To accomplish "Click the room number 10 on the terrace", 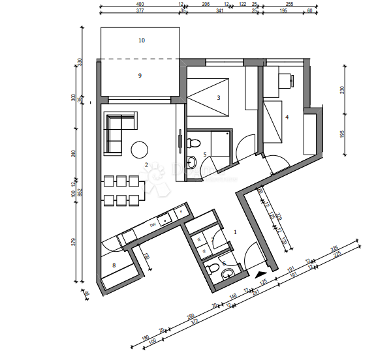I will coord(141,40).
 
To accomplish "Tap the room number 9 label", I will coord(140,76).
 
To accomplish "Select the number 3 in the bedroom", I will coord(219,98).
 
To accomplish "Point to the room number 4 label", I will coord(287,118).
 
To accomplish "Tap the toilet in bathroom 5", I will coord(193,143).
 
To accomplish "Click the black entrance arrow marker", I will coord(261,275).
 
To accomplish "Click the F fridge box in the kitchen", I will coord(181,212).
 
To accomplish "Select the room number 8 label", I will coord(114,265).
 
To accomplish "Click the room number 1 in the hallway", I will coord(236,232).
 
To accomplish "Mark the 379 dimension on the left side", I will coord(73,243).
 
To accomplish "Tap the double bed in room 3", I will coord(208,95).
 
